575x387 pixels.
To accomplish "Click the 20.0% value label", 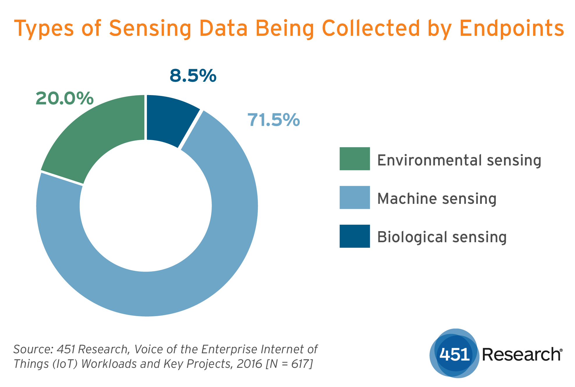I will pos(65,98).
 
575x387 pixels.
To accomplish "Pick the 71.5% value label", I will pos(273,120).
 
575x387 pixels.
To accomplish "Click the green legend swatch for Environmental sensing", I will pos(354,158).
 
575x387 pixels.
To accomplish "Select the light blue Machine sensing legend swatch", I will pos(354,197).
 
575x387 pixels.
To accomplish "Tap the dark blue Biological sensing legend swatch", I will pos(354,236).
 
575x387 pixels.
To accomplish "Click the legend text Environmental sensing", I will pos(459,160).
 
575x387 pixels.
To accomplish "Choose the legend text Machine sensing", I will pos(437,199).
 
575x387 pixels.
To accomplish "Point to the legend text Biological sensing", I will pos(442,237).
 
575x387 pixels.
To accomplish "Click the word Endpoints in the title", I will pos(512,28).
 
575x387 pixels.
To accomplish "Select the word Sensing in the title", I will pos(150,28).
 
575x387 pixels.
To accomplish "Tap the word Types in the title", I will pos(44,28).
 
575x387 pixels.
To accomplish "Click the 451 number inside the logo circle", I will pos(454,354).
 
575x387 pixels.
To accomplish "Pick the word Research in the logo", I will pos(521,354).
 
